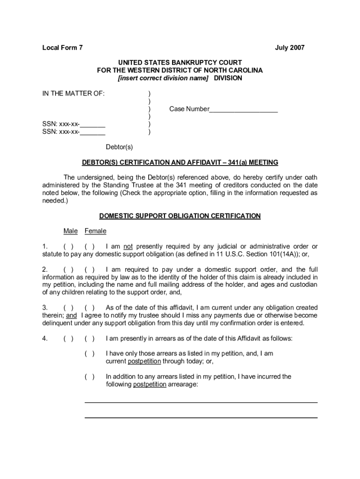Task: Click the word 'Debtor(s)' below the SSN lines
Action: point(119,147)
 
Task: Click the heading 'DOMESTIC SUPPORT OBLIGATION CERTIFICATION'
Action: point(180,216)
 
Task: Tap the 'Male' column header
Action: point(71,231)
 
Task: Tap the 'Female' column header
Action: point(95,231)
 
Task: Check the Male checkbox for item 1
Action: point(68,247)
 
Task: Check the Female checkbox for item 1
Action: point(90,247)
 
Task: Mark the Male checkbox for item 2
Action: point(68,269)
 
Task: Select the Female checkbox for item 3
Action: point(90,308)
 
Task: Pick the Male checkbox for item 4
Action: point(68,339)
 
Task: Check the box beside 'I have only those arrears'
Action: point(90,354)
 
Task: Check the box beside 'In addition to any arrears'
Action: point(90,377)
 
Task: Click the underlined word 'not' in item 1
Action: point(128,247)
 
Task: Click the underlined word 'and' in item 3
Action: point(71,315)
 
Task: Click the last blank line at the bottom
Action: point(201,417)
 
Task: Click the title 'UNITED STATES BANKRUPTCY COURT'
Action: point(180,63)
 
